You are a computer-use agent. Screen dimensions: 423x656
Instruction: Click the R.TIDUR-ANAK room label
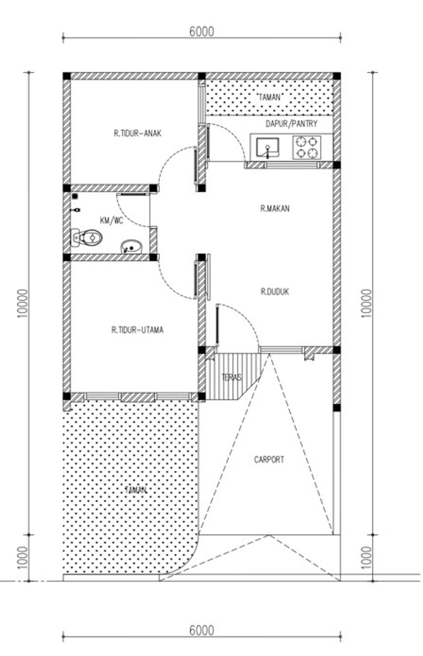138,134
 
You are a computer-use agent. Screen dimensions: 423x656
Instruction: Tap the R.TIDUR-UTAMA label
137,330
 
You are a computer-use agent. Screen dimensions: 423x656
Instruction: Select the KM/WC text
112,220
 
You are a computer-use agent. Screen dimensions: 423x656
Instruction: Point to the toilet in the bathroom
87,237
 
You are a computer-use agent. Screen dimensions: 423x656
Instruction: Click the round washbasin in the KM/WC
131,247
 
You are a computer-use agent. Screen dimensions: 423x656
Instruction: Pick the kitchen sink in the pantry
267,147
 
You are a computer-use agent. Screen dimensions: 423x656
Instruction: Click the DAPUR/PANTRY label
291,124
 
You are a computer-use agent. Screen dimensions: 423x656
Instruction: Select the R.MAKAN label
275,208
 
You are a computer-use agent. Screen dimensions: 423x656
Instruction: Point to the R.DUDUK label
275,292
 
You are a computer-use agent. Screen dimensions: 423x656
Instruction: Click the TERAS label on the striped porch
232,377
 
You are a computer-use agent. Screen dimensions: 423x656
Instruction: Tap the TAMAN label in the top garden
269,97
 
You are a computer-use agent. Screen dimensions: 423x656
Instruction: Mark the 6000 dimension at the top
202,31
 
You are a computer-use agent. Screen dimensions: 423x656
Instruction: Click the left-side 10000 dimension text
23,304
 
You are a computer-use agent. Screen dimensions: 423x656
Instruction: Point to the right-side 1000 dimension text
366,558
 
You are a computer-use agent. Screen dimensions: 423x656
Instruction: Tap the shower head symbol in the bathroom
75,196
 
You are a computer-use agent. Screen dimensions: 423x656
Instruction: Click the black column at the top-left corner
67,76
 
